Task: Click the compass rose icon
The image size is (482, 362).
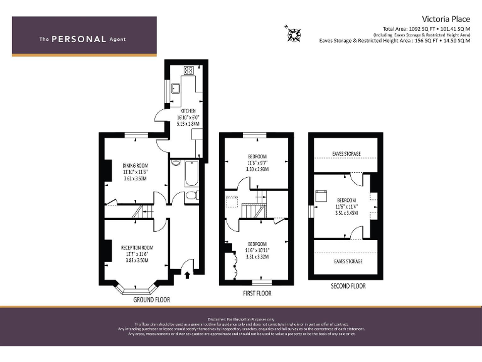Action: pyautogui.click(x=292, y=33)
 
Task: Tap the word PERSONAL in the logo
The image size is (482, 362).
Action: pyautogui.click(x=78, y=39)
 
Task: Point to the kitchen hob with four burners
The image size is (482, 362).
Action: pyautogui.click(x=188, y=69)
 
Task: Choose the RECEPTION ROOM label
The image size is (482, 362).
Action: pyautogui.click(x=137, y=248)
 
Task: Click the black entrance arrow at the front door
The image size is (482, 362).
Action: pyautogui.click(x=188, y=273)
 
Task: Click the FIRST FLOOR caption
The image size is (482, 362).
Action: pyautogui.click(x=257, y=293)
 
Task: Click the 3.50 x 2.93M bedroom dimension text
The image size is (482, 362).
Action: pyautogui.click(x=257, y=169)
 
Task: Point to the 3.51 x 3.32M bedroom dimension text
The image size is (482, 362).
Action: pyautogui.click(x=257, y=256)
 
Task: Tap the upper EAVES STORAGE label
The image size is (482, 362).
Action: pyautogui.click(x=346, y=153)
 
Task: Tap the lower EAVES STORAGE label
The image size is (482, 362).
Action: pyautogui.click(x=347, y=261)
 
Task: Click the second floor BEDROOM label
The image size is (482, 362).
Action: pyautogui.click(x=346, y=199)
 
